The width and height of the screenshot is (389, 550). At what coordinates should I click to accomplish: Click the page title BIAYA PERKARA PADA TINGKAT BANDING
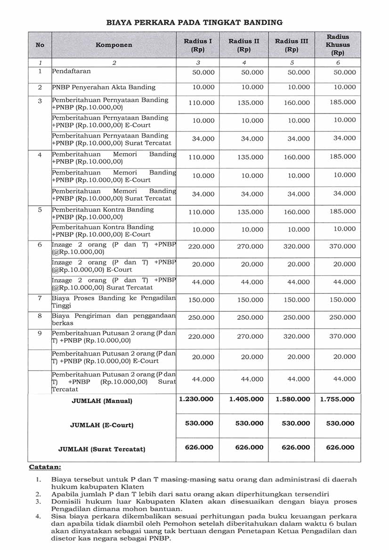pos(194,22)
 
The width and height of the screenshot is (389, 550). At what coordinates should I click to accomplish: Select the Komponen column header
pos(114,45)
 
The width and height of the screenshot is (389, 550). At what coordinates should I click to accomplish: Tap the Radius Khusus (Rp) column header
pos(338,45)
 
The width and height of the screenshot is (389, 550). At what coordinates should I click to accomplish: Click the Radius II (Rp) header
pos(243,45)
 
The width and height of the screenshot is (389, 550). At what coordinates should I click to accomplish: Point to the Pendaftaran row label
pos(71,71)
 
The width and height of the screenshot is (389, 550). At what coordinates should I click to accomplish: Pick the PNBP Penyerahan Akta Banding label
pos(104,87)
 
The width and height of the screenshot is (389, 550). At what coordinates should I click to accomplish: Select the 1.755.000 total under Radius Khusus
pos(337,399)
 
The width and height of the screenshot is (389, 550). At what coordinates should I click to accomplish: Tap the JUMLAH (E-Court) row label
pos(102,425)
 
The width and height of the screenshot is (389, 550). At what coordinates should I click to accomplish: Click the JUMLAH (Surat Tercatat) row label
pos(102,449)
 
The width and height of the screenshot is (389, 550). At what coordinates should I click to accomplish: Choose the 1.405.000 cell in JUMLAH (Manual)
pos(246,399)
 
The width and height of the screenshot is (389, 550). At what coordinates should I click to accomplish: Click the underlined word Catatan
pos(45,467)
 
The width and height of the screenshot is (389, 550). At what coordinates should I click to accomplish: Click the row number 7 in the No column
pos(40,298)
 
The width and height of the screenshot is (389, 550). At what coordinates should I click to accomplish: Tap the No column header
pos(40,45)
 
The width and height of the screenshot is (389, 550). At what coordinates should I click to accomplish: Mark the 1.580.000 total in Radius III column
pos(292,399)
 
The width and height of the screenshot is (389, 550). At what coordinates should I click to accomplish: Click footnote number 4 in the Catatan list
pos(38,517)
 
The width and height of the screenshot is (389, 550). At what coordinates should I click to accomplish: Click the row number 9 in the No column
pos(40,333)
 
